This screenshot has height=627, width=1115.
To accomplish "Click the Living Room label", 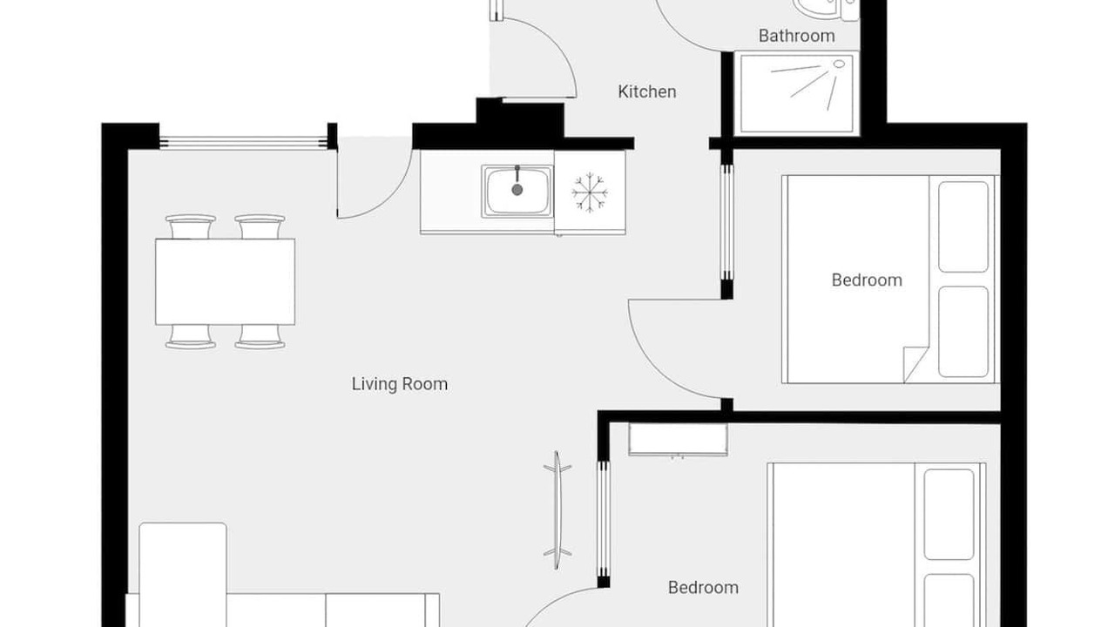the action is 400,384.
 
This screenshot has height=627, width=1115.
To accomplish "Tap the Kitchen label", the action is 647,91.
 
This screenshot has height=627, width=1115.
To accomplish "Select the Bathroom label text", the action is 796,36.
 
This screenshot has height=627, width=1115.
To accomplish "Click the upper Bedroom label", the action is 867,280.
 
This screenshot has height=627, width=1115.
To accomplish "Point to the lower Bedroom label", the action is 703,588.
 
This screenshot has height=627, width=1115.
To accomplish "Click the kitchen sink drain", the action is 517,190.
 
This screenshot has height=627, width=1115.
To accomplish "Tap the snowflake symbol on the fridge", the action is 590,192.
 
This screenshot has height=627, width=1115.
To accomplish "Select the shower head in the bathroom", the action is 839,64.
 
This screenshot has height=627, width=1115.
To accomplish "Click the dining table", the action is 225,281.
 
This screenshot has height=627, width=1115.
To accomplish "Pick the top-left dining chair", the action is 191,226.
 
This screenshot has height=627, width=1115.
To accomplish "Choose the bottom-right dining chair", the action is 260,337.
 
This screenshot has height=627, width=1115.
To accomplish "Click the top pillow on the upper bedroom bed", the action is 963,227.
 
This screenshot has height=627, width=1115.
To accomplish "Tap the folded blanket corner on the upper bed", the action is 916,364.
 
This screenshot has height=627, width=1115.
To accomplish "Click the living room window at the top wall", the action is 243,143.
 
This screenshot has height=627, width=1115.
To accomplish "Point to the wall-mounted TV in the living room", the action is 557,510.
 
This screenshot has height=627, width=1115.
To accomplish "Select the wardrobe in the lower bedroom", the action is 678,440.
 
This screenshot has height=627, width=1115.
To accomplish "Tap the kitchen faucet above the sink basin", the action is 517,173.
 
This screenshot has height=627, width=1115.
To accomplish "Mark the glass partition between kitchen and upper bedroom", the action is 726,224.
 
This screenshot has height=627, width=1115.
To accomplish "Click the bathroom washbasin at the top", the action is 817,9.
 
